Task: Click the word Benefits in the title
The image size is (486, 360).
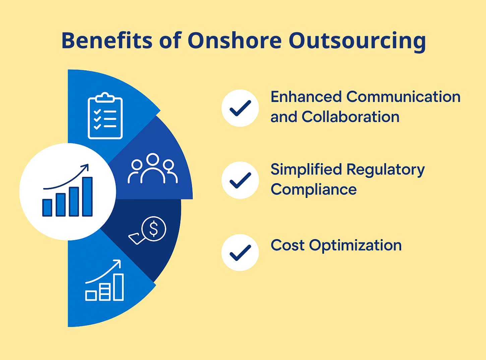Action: (x=107, y=41)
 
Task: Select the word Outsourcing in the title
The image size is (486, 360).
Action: (x=357, y=41)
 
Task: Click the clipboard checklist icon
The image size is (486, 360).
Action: (x=105, y=116)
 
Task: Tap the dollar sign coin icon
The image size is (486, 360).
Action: (x=154, y=229)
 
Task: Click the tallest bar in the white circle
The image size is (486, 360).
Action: (x=87, y=197)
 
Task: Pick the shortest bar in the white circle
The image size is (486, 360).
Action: (x=47, y=208)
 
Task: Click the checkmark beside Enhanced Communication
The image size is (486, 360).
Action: (x=240, y=108)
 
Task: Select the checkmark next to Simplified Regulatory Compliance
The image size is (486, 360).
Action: (x=240, y=180)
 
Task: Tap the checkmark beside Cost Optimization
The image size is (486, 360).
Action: (x=240, y=253)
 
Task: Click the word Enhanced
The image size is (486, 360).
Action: (x=306, y=97)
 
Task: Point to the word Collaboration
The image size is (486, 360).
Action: (x=350, y=117)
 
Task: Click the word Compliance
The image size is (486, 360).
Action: (x=313, y=190)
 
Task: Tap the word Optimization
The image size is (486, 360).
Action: (x=355, y=245)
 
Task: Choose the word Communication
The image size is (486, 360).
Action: (x=403, y=97)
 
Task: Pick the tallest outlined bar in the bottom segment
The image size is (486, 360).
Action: (x=118, y=287)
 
